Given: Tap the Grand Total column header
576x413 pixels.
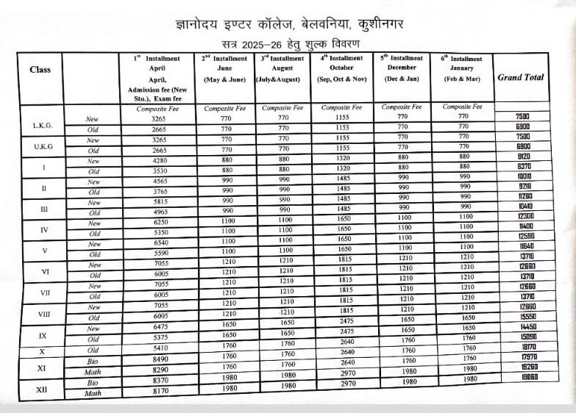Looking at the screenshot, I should (x=521, y=77).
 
